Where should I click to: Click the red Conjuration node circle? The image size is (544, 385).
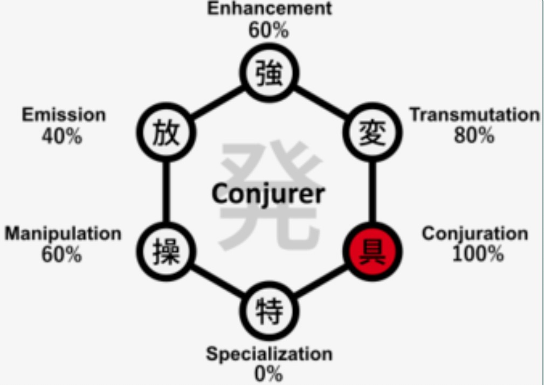371,251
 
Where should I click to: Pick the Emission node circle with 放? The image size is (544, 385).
166,132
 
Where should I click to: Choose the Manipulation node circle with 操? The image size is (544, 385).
166,251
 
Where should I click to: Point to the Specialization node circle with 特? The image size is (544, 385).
269,311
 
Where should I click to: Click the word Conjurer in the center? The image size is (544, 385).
268,193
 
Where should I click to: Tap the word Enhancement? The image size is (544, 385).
270,9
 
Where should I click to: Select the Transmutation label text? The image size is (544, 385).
474,115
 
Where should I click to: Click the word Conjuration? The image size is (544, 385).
474,234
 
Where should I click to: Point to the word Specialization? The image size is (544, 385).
269,354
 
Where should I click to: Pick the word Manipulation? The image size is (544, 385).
63,234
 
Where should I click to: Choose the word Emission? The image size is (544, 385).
64,115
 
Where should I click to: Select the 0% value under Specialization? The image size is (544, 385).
268,374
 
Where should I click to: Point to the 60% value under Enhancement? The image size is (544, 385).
268,30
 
